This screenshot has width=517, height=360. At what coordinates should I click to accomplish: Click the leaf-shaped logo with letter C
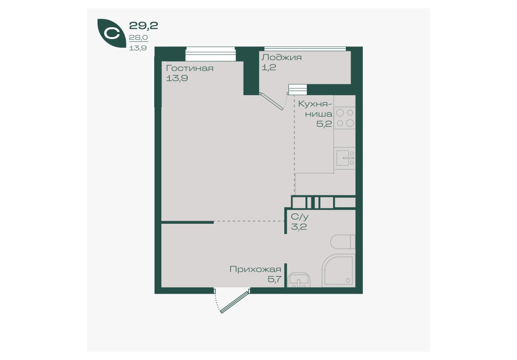click(111, 33)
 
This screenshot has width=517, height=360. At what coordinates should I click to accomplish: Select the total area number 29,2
click(143, 25)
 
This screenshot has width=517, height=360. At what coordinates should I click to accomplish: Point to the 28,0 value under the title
click(138, 38)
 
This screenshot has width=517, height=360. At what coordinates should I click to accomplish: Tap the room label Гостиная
click(190, 68)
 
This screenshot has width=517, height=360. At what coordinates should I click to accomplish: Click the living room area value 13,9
click(177, 79)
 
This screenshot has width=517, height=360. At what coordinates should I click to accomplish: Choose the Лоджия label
click(282, 58)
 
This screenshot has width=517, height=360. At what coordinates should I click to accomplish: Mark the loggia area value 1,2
click(269, 68)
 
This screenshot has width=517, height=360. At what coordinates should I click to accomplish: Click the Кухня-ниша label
click(315, 109)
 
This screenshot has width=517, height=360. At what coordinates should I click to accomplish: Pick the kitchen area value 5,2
click(324, 124)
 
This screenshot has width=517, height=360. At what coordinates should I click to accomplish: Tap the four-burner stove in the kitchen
click(345, 118)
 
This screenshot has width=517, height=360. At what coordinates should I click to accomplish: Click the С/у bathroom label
click(300, 217)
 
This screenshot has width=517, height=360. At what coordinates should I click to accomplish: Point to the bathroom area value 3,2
click(299, 227)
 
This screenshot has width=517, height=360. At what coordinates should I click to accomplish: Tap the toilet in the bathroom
click(343, 242)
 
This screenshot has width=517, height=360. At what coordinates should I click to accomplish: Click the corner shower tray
click(338, 270)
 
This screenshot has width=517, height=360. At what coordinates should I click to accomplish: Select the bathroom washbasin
click(299, 280)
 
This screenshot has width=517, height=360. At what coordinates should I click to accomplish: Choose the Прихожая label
click(255, 269)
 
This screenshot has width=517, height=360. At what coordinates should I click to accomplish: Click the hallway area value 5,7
click(274, 279)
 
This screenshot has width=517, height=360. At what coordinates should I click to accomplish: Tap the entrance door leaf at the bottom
click(234, 301)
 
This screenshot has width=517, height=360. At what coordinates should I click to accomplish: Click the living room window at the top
click(210, 54)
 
